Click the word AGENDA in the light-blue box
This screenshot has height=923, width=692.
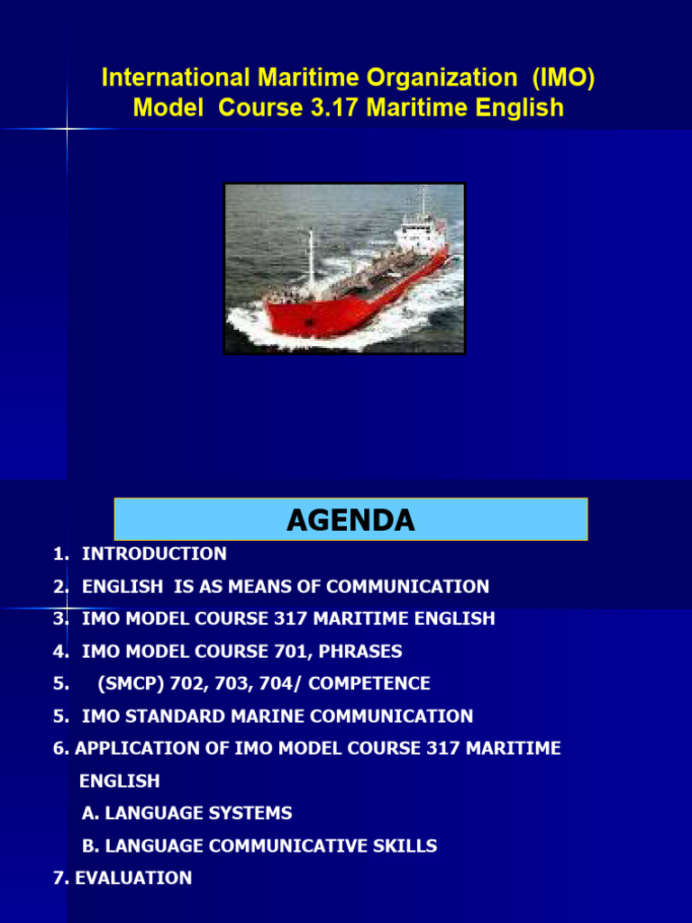351,520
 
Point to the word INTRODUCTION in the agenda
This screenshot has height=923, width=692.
154,553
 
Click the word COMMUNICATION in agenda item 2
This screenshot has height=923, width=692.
407,587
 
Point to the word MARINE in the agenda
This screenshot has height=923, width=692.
277,717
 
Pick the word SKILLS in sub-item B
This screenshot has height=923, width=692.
406,845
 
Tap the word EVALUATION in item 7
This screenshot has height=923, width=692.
133,878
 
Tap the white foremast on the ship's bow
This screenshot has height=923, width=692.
311,257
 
